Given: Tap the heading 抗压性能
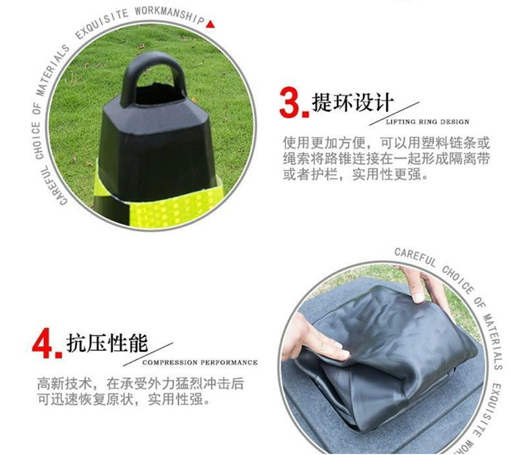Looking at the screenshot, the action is pos(107,343).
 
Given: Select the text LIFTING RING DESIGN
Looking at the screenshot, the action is pos(428,122).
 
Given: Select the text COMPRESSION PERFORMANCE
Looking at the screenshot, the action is pos(200,362).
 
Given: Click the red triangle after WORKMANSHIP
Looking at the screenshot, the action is pos(210,24).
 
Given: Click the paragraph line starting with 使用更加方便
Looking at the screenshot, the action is pos(387,143).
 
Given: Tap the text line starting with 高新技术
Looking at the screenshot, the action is pos(140,384).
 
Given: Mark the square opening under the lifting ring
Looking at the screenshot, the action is pos(158,94).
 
